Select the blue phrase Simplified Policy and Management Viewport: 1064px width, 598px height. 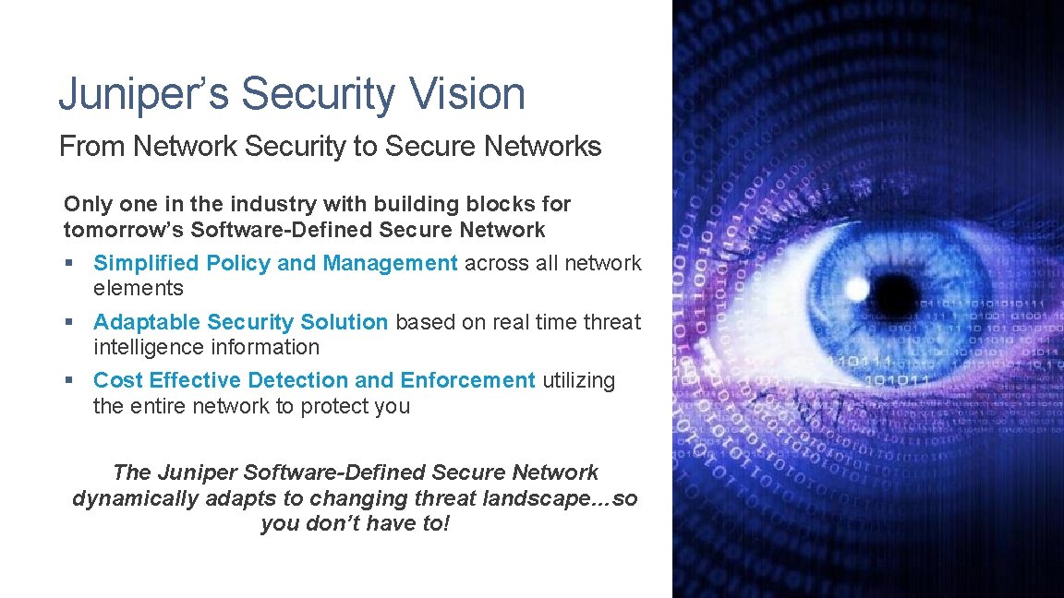(x=275, y=264)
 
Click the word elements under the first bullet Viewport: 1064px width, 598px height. (x=139, y=289)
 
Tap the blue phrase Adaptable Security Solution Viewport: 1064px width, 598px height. (x=240, y=323)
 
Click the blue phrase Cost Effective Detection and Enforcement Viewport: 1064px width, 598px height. (x=314, y=380)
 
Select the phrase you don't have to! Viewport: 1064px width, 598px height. (x=355, y=524)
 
